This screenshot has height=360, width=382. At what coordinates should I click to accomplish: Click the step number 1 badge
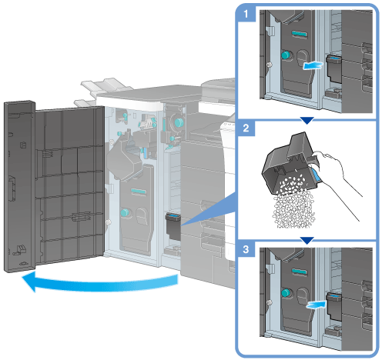pos(246,14)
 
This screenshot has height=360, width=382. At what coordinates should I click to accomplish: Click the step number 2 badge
pos(246,128)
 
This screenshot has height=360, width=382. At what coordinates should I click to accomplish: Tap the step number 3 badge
pos(246,249)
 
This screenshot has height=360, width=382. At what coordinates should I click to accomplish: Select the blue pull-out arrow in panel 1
pos(313,65)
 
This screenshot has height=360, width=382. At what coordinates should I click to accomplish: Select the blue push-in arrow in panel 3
pos(317,305)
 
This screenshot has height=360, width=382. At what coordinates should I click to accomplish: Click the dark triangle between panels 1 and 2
pos(307,120)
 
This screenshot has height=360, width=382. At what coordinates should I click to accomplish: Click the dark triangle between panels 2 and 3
pos(307,240)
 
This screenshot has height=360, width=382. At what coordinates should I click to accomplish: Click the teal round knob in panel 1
pos(286,55)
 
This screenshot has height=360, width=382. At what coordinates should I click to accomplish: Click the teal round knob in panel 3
pos(286,293)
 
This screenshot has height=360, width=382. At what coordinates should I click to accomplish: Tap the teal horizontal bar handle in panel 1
pos(299,34)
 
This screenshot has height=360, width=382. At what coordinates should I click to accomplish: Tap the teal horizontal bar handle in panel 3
pos(299,272)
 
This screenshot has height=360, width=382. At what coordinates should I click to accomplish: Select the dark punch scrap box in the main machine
pos(173,226)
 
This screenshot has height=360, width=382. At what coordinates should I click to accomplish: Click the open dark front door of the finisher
pos(54,185)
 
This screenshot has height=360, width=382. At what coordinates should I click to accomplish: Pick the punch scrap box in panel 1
pos(333,68)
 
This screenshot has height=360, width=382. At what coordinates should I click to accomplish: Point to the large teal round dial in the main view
pos(179,122)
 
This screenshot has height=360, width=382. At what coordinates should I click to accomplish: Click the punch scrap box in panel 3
pos(333,307)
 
